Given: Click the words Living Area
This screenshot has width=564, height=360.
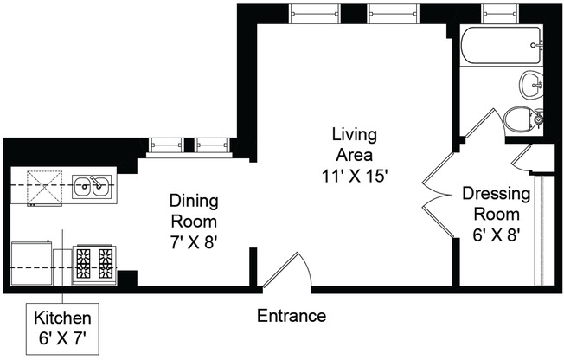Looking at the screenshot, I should point(354,145).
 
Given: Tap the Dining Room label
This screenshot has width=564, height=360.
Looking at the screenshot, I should point(193,211).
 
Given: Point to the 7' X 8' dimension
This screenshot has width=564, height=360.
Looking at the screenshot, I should point(193,242).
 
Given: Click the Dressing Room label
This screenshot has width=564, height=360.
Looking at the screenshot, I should point(490,203).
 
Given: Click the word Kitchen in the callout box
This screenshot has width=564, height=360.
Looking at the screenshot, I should point(62,318).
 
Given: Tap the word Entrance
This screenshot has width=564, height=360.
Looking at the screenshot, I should point(292,316).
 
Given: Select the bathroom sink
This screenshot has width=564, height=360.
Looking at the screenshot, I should point(530,85).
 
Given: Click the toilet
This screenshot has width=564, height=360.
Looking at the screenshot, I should point(524,119).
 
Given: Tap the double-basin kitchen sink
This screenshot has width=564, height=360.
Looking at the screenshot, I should point(91,184).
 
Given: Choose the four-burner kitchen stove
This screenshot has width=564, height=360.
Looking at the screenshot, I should point(94,262).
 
